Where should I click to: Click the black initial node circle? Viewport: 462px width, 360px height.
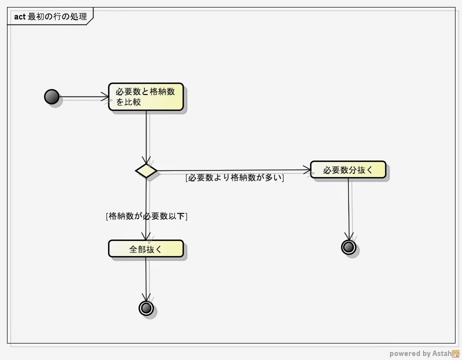51,96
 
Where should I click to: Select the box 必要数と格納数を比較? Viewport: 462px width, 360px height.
146,96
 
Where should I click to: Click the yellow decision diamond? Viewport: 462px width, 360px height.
146,170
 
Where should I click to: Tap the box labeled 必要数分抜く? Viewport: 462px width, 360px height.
348,169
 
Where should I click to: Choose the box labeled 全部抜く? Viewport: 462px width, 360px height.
145,248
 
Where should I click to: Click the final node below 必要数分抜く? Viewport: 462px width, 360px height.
348,246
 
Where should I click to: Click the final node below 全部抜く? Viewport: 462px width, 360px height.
146,308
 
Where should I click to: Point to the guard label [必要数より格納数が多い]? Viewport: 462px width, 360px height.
234,177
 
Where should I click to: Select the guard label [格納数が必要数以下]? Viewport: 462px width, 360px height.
146,216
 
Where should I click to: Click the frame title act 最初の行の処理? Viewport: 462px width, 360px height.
50,16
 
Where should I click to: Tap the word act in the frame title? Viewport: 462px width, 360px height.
19,16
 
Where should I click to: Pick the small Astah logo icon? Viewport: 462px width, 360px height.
455,353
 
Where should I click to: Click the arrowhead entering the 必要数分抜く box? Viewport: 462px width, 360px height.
307,170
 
